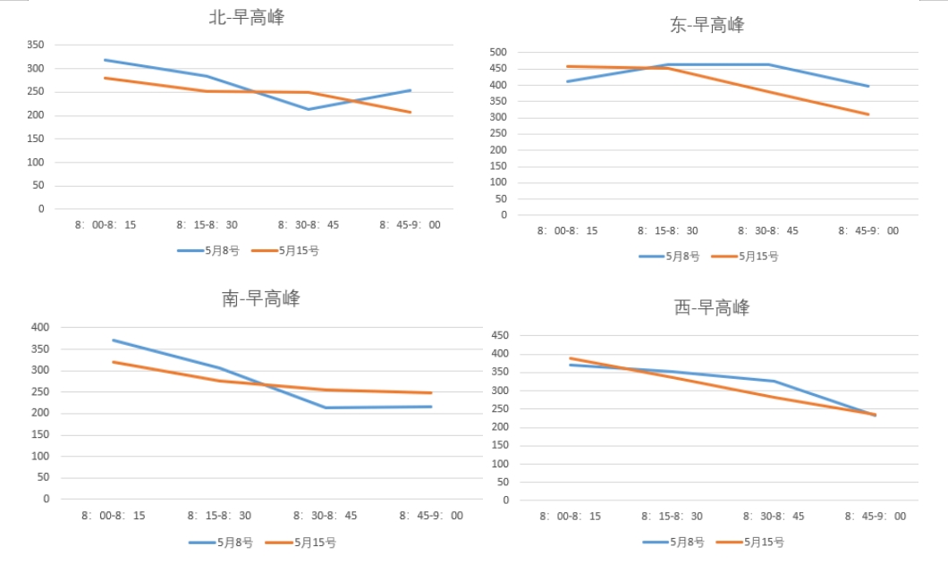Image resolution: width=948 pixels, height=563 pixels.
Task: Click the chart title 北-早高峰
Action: (246, 18)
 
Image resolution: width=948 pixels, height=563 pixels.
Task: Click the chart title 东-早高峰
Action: (707, 25)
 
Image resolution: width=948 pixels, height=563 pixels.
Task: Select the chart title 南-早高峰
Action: (260, 298)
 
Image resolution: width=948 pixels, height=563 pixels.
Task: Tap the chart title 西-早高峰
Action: (712, 308)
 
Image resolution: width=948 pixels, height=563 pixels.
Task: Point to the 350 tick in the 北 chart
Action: (35, 45)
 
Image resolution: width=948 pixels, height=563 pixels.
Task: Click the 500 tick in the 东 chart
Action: (498, 53)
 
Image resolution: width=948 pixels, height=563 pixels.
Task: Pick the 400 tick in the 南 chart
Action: (41, 327)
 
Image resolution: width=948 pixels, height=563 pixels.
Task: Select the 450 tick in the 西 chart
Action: (499, 336)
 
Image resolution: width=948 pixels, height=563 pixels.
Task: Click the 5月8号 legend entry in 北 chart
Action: (207, 251)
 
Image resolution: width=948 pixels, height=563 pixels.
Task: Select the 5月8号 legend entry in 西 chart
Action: (673, 542)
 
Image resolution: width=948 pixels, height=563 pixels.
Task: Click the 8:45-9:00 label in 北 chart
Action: (410, 225)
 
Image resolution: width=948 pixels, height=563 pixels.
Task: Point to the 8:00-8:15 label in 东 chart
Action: (567, 231)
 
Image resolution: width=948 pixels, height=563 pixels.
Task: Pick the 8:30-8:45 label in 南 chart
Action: (326, 516)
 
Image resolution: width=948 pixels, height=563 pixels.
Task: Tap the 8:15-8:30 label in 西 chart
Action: (672, 517)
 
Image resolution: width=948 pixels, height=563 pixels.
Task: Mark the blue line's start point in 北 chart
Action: (105, 60)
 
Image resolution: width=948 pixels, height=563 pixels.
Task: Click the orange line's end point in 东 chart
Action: (868, 114)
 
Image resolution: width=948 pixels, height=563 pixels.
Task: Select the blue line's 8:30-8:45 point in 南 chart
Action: (326, 408)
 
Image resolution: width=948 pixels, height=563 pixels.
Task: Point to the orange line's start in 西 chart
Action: (569, 358)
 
